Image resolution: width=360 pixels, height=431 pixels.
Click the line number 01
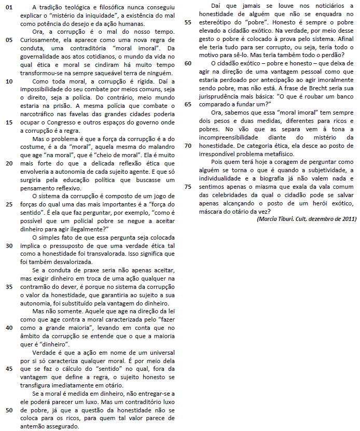10,7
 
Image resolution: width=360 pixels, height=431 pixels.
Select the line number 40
10,327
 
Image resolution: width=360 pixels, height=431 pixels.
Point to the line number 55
188,23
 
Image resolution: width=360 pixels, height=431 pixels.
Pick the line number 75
188,187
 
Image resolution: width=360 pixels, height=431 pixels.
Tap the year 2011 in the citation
347,219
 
